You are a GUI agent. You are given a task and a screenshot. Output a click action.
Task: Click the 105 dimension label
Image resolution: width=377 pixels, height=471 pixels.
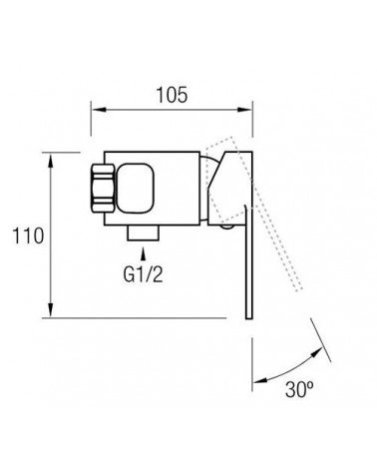[172, 95]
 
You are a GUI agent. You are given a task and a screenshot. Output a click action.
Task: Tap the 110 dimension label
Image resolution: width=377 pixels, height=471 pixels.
[28, 235]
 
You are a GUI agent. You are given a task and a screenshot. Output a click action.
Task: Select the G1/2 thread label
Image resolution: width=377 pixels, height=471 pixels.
[144, 274]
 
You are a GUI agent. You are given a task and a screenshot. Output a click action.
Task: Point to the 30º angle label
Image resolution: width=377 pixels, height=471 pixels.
[299, 389]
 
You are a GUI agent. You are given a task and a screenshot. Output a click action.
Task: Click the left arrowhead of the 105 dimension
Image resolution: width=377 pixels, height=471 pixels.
[99, 110]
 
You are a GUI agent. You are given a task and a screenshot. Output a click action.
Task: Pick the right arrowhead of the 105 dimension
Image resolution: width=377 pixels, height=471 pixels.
[244, 110]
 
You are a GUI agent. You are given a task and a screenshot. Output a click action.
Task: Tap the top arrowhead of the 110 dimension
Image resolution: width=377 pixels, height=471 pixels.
[51, 161]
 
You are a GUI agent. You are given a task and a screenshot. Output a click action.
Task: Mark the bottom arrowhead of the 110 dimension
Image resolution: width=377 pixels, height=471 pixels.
[51, 309]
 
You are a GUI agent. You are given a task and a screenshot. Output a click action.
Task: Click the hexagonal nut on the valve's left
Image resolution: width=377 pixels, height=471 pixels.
[103, 188]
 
